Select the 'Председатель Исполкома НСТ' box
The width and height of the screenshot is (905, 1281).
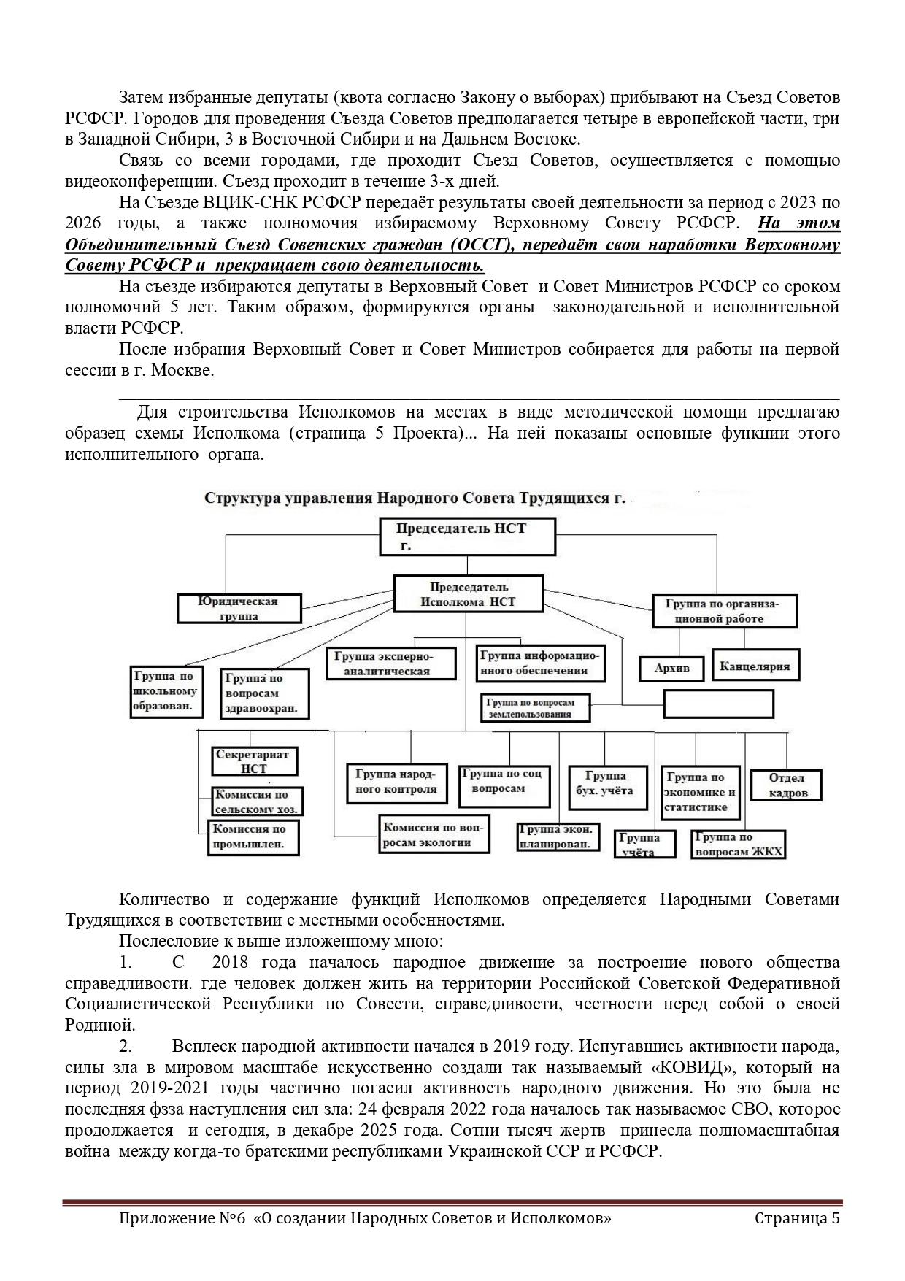pyautogui.click(x=468, y=594)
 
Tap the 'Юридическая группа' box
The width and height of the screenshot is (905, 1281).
pyautogui.click(x=239, y=608)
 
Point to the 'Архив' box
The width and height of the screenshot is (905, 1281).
pyautogui.click(x=671, y=668)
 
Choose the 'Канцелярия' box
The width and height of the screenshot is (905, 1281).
pyautogui.click(x=754, y=665)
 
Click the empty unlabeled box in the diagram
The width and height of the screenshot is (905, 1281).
pyautogui.click(x=718, y=704)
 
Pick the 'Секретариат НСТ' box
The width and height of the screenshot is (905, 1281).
pyautogui.click(x=253, y=761)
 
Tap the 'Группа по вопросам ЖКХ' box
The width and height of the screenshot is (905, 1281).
pyautogui.click(x=739, y=844)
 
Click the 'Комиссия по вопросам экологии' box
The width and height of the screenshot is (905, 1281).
pyautogui.click(x=435, y=834)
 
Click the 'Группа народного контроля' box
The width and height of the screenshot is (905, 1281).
pyautogui.click(x=396, y=782)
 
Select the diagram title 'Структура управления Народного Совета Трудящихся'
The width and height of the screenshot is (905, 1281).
pyautogui.click(x=415, y=499)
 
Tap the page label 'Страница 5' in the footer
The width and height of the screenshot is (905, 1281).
pyautogui.click(x=797, y=1218)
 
